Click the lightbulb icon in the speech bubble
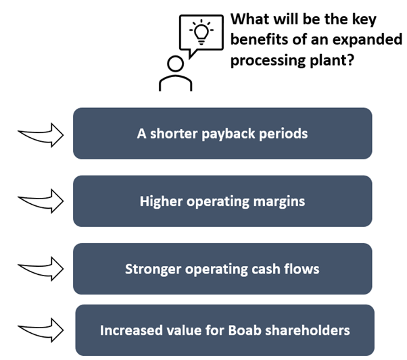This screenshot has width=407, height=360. click(201, 32)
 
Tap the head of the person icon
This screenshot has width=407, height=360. click(176, 63)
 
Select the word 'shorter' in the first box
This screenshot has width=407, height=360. click(174, 134)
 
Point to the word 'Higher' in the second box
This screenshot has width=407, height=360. click(161, 201)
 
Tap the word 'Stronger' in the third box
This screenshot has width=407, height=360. click(153, 269)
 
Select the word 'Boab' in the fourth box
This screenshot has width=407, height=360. click(245, 330)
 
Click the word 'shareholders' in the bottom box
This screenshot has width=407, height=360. click(308, 330)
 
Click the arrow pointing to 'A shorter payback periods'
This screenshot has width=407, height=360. click(41, 135)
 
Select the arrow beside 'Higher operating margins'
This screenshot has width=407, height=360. click(41, 201)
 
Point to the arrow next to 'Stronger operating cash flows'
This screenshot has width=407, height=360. click(41, 269)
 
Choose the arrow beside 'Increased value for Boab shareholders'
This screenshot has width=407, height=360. click(41, 330)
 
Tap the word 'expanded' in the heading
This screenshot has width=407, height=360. click(367, 39)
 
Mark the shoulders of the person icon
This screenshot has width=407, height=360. click(176, 77)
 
